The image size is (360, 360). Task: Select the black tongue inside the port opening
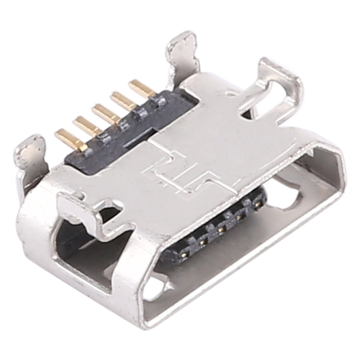pyautogui.click(x=216, y=235)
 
